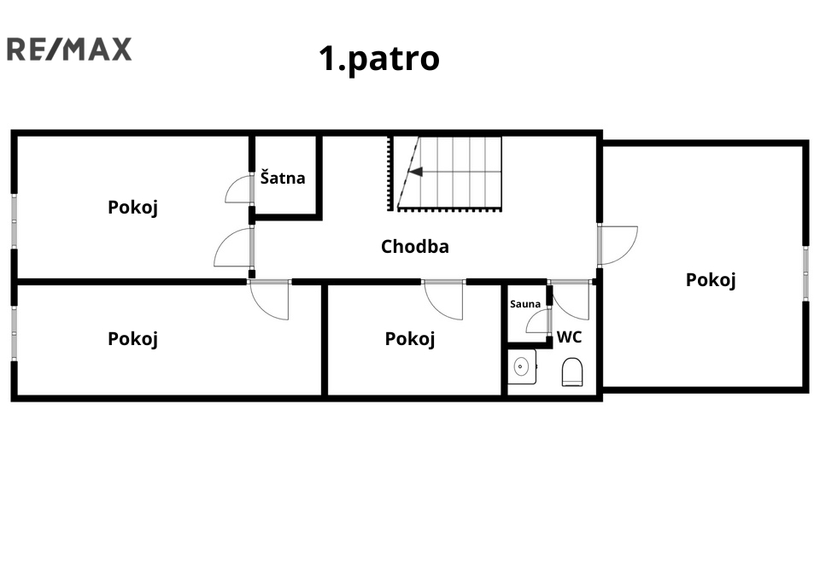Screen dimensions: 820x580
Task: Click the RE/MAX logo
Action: (x=69, y=50)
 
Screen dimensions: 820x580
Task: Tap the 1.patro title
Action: (x=379, y=58)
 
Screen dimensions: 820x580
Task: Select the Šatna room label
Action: (x=283, y=178)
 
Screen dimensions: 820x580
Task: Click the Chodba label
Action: (x=415, y=246)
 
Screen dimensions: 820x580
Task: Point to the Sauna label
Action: (x=525, y=304)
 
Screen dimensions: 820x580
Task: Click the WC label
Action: (x=569, y=337)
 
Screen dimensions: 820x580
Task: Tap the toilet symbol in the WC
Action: (x=572, y=372)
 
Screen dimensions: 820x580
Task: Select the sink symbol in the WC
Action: (x=523, y=366)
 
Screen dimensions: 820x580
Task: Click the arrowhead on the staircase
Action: (x=415, y=172)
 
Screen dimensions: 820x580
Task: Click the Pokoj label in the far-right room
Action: (x=711, y=280)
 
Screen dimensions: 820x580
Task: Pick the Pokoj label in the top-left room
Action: (x=133, y=207)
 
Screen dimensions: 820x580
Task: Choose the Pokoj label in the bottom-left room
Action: (x=133, y=339)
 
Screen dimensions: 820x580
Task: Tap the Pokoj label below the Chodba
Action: (x=410, y=339)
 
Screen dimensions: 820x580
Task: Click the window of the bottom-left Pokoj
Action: (x=15, y=334)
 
